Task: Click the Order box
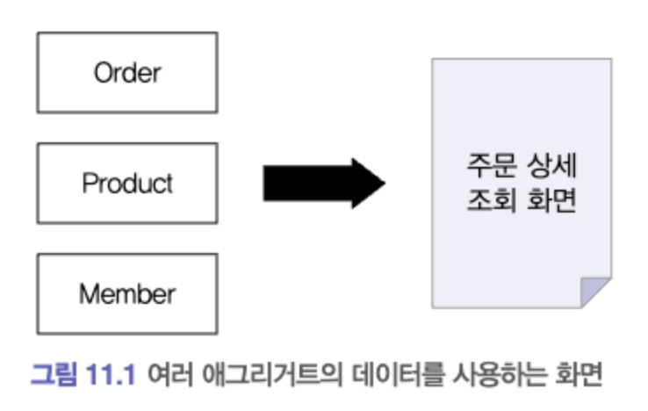coord(126,73)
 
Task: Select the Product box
coord(126,184)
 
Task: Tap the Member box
coord(126,294)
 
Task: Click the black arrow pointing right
coord(320,184)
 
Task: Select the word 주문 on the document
coord(489,165)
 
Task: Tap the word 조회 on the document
coord(489,202)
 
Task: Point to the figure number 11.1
coord(109,375)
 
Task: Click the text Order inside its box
coord(126,73)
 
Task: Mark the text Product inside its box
coord(126,184)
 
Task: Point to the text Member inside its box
coord(126,294)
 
